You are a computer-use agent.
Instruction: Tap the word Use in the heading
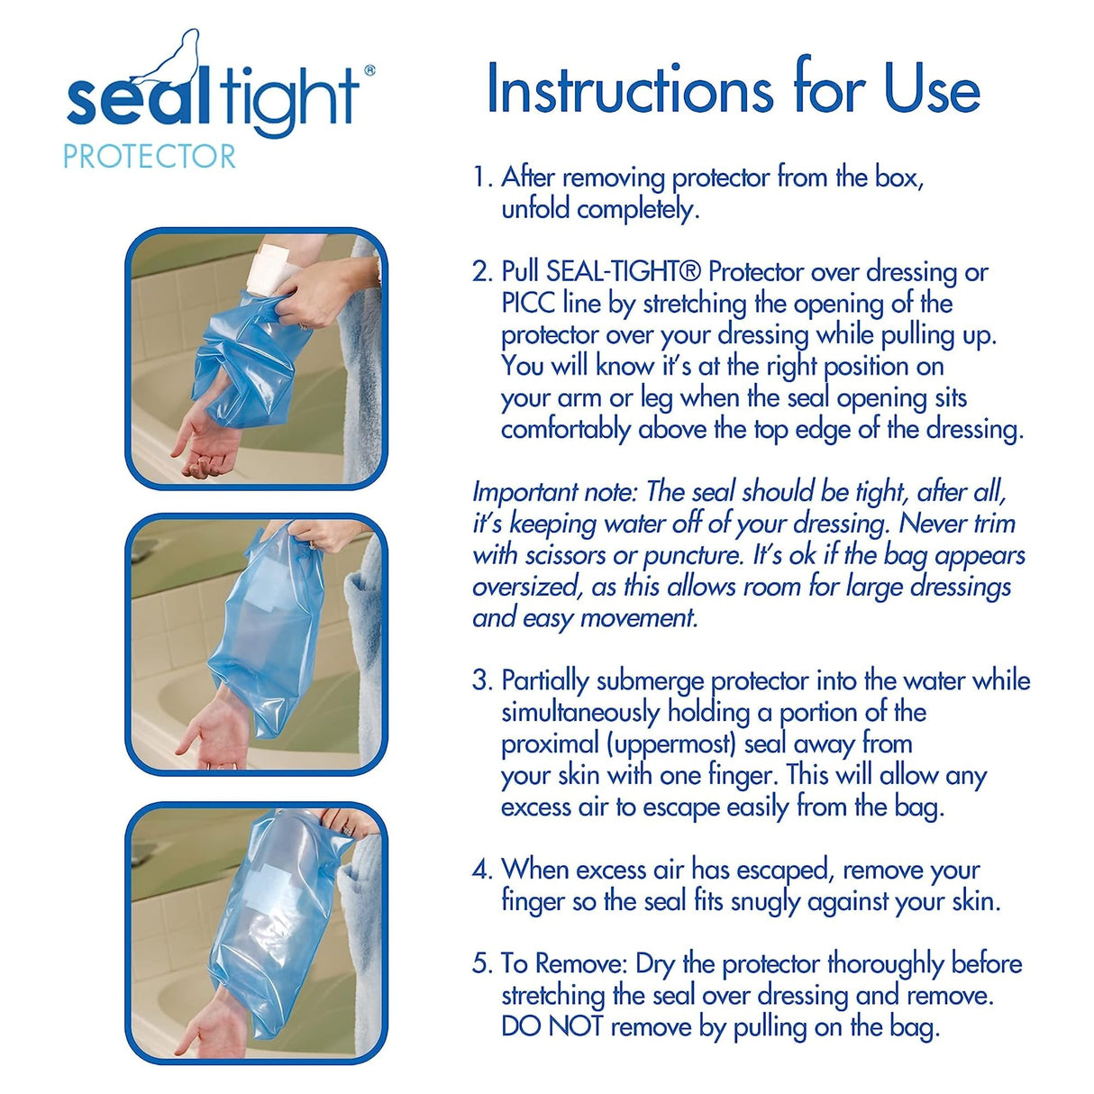tap(932, 89)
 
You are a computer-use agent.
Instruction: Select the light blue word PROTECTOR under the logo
tap(149, 157)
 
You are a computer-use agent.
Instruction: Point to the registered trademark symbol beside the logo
tap(369, 70)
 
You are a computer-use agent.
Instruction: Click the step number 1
tap(480, 178)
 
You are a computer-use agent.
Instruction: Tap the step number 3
tap(480, 680)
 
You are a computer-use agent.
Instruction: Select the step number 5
tap(480, 963)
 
